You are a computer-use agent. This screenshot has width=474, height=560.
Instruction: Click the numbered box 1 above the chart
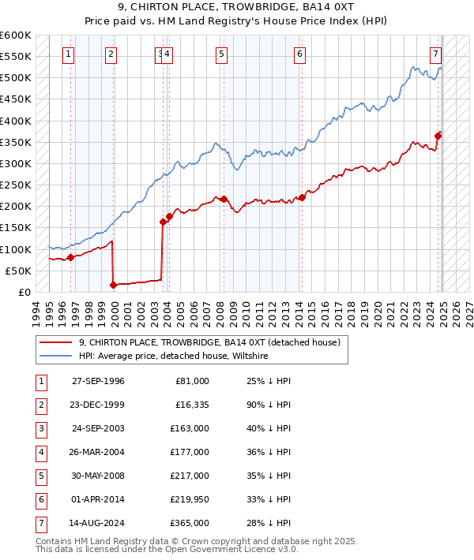click(69, 54)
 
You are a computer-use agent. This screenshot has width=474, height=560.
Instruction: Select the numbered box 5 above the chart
click(220, 54)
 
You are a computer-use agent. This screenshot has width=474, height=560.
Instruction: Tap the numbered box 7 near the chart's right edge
click(435, 54)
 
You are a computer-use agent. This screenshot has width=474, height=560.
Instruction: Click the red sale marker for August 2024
click(438, 135)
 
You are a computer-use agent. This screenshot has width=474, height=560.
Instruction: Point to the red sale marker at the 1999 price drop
click(113, 285)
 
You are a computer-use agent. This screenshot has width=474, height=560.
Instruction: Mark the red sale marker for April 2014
click(301, 197)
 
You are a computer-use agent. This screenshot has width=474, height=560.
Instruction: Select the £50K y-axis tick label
click(19, 271)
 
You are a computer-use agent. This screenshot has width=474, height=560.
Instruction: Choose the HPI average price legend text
click(174, 357)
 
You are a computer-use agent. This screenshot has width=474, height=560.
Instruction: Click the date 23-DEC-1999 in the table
click(98, 405)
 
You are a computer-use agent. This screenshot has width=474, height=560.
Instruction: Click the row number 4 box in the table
click(39, 452)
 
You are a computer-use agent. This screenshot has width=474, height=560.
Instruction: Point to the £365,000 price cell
click(190, 521)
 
